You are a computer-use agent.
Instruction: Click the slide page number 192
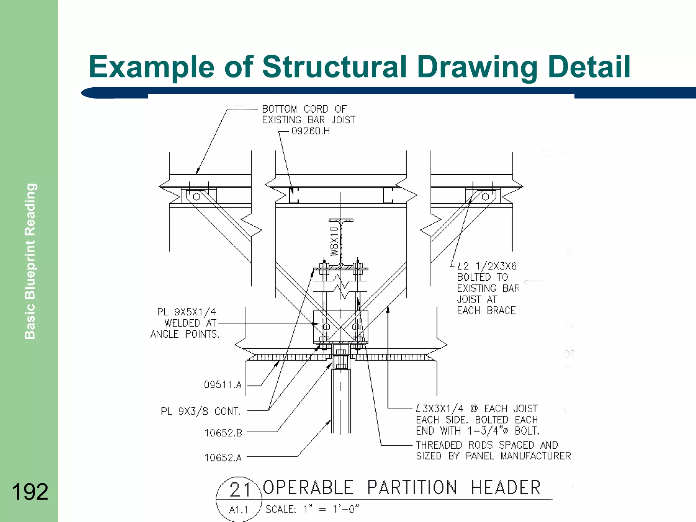[30, 492]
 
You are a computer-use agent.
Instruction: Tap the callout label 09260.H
[311, 131]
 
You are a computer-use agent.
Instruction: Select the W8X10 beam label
[335, 241]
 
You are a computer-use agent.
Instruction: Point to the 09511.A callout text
[223, 385]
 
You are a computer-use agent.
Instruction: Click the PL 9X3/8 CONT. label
[201, 412]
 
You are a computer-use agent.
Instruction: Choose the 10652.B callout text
[223, 433]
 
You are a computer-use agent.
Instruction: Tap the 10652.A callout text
[223, 458]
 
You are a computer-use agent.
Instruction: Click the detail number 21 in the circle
[240, 490]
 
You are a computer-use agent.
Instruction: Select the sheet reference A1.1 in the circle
[239, 510]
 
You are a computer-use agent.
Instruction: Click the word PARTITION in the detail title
[412, 488]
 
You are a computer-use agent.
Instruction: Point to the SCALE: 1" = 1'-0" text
[312, 509]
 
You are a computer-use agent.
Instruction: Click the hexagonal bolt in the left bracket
[196, 197]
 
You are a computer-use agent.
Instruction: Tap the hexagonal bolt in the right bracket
[485, 196]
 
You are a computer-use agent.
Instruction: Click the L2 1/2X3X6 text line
[487, 266]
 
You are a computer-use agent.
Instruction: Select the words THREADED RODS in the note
[454, 445]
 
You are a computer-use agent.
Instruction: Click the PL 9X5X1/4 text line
[187, 312]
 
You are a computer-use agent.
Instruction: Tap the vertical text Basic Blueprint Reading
[30, 261]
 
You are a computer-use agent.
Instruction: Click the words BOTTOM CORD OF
[304, 109]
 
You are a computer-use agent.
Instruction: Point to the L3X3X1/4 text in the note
[440, 408]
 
